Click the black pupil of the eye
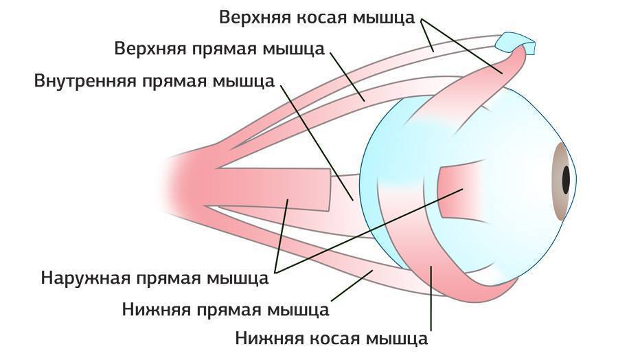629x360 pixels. [x=567, y=180]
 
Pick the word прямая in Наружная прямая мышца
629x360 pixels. [x=169, y=280]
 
